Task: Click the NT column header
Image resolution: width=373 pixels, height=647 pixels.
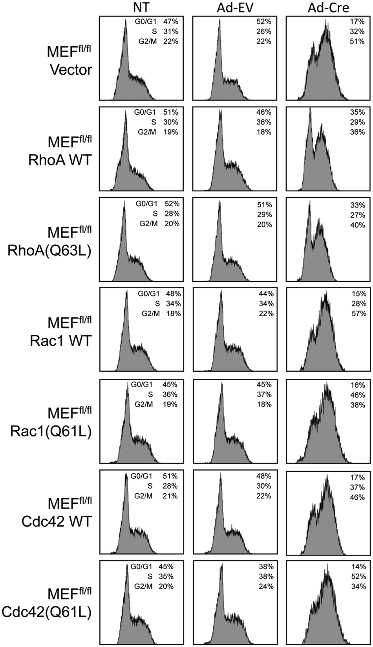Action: tap(141, 7)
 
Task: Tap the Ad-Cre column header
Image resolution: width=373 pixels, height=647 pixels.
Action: tap(328, 8)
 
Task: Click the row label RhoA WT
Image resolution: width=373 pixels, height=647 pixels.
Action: tap(60, 160)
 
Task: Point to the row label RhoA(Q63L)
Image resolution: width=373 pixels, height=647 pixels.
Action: tap(49, 251)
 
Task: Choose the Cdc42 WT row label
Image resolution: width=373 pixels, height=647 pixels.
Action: tap(57, 522)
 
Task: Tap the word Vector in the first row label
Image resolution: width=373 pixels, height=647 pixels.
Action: tap(71, 70)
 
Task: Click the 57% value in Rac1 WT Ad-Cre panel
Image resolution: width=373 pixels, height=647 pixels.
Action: tap(359, 313)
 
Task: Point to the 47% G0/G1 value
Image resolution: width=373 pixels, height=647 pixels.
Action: tap(171, 21)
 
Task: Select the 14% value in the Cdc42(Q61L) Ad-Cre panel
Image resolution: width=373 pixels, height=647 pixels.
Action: tap(358, 566)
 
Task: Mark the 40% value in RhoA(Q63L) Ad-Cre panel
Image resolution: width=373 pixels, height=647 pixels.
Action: tap(358, 225)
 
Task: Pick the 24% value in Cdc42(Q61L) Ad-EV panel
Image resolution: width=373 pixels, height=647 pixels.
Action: tap(266, 587)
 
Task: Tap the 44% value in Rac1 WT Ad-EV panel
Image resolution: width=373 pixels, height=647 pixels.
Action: tap(266, 294)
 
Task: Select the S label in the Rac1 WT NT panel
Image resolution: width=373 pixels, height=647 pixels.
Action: tap(157, 304)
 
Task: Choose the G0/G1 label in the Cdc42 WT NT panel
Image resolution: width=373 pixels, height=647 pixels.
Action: tap(141, 476)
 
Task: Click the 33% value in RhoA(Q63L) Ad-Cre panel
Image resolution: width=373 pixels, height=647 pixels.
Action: tap(358, 205)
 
